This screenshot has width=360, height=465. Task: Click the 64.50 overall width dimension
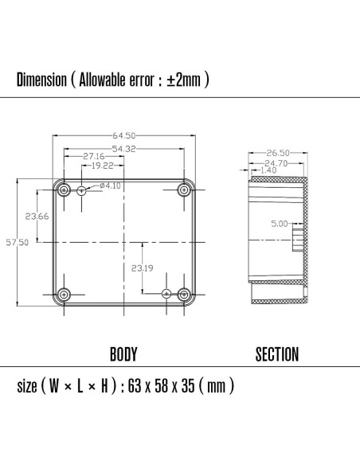[123, 135]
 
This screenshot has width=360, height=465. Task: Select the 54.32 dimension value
[123, 149]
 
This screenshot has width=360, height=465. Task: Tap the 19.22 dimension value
[101, 166]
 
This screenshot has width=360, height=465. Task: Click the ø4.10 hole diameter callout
[110, 186]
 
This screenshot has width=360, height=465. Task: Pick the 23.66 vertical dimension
[37, 216]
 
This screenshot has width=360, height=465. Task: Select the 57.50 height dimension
[18, 243]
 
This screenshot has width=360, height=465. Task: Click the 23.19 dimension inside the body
[143, 268]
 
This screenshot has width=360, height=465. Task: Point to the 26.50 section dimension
[278, 153]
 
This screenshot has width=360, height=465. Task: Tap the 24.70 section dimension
[275, 162]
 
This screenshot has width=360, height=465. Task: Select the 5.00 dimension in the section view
[279, 224]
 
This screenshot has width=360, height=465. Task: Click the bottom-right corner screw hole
[185, 293]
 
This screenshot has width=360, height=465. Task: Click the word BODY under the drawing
[123, 354]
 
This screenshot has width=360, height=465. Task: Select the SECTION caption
[276, 354]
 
